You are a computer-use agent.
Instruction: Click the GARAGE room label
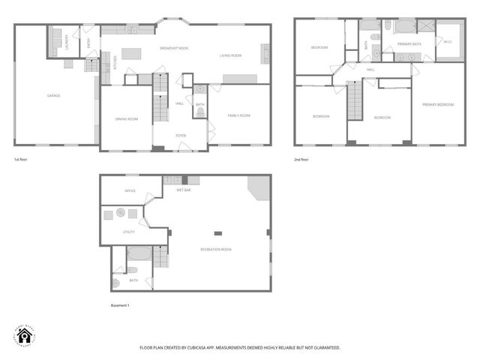(54, 95)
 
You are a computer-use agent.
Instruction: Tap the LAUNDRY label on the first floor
(66, 41)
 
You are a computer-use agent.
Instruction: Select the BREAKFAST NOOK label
(173, 48)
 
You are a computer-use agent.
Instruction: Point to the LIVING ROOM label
(230, 55)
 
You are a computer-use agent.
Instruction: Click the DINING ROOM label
(126, 118)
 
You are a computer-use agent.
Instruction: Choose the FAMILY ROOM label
(239, 115)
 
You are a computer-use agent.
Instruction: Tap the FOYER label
(181, 135)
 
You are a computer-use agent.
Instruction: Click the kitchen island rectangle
(133, 54)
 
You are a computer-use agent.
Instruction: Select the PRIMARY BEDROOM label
(438, 104)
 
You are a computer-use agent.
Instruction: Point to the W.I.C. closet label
(448, 42)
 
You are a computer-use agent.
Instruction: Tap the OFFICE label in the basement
(130, 190)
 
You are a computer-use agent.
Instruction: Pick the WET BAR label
(184, 190)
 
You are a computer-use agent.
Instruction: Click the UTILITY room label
(128, 232)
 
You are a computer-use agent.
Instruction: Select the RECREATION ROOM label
(215, 249)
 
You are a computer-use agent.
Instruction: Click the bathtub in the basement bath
(139, 253)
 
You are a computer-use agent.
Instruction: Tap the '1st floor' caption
(22, 160)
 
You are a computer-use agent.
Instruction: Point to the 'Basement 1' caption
(120, 305)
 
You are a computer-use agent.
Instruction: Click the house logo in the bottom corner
(25, 336)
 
